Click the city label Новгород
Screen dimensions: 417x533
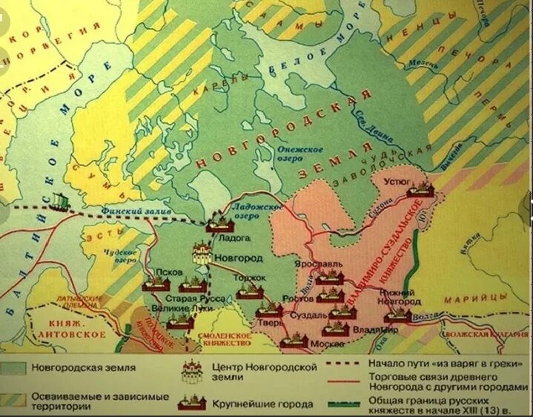[238, 257]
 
